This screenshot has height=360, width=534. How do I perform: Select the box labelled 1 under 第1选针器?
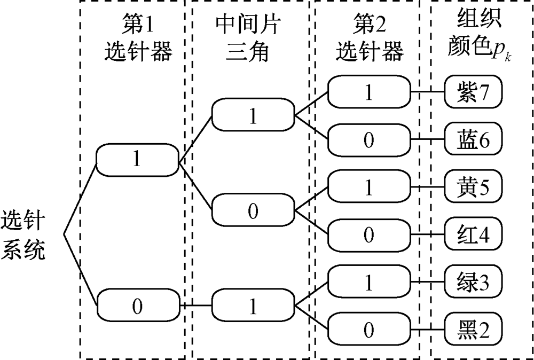click(137, 159)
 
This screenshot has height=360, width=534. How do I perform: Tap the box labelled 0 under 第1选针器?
click(137, 306)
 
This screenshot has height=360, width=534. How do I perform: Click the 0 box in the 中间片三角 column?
click(253, 211)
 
